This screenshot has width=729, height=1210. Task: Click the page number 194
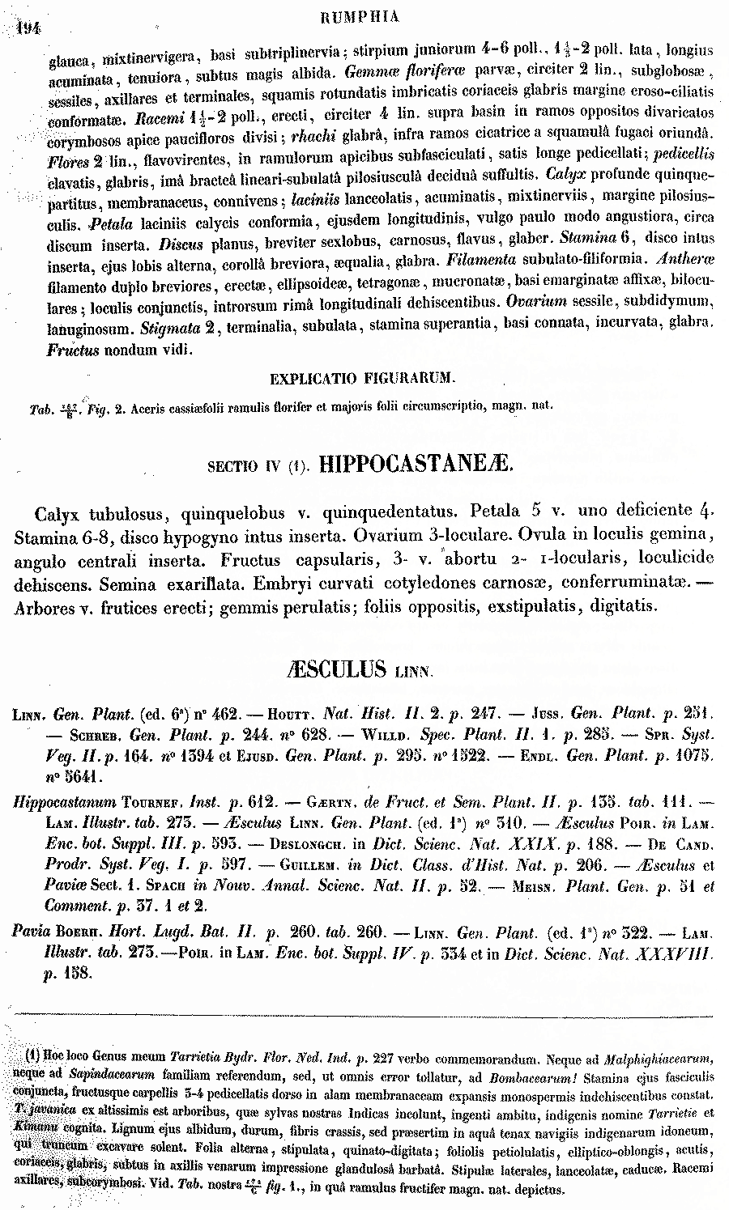30,27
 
